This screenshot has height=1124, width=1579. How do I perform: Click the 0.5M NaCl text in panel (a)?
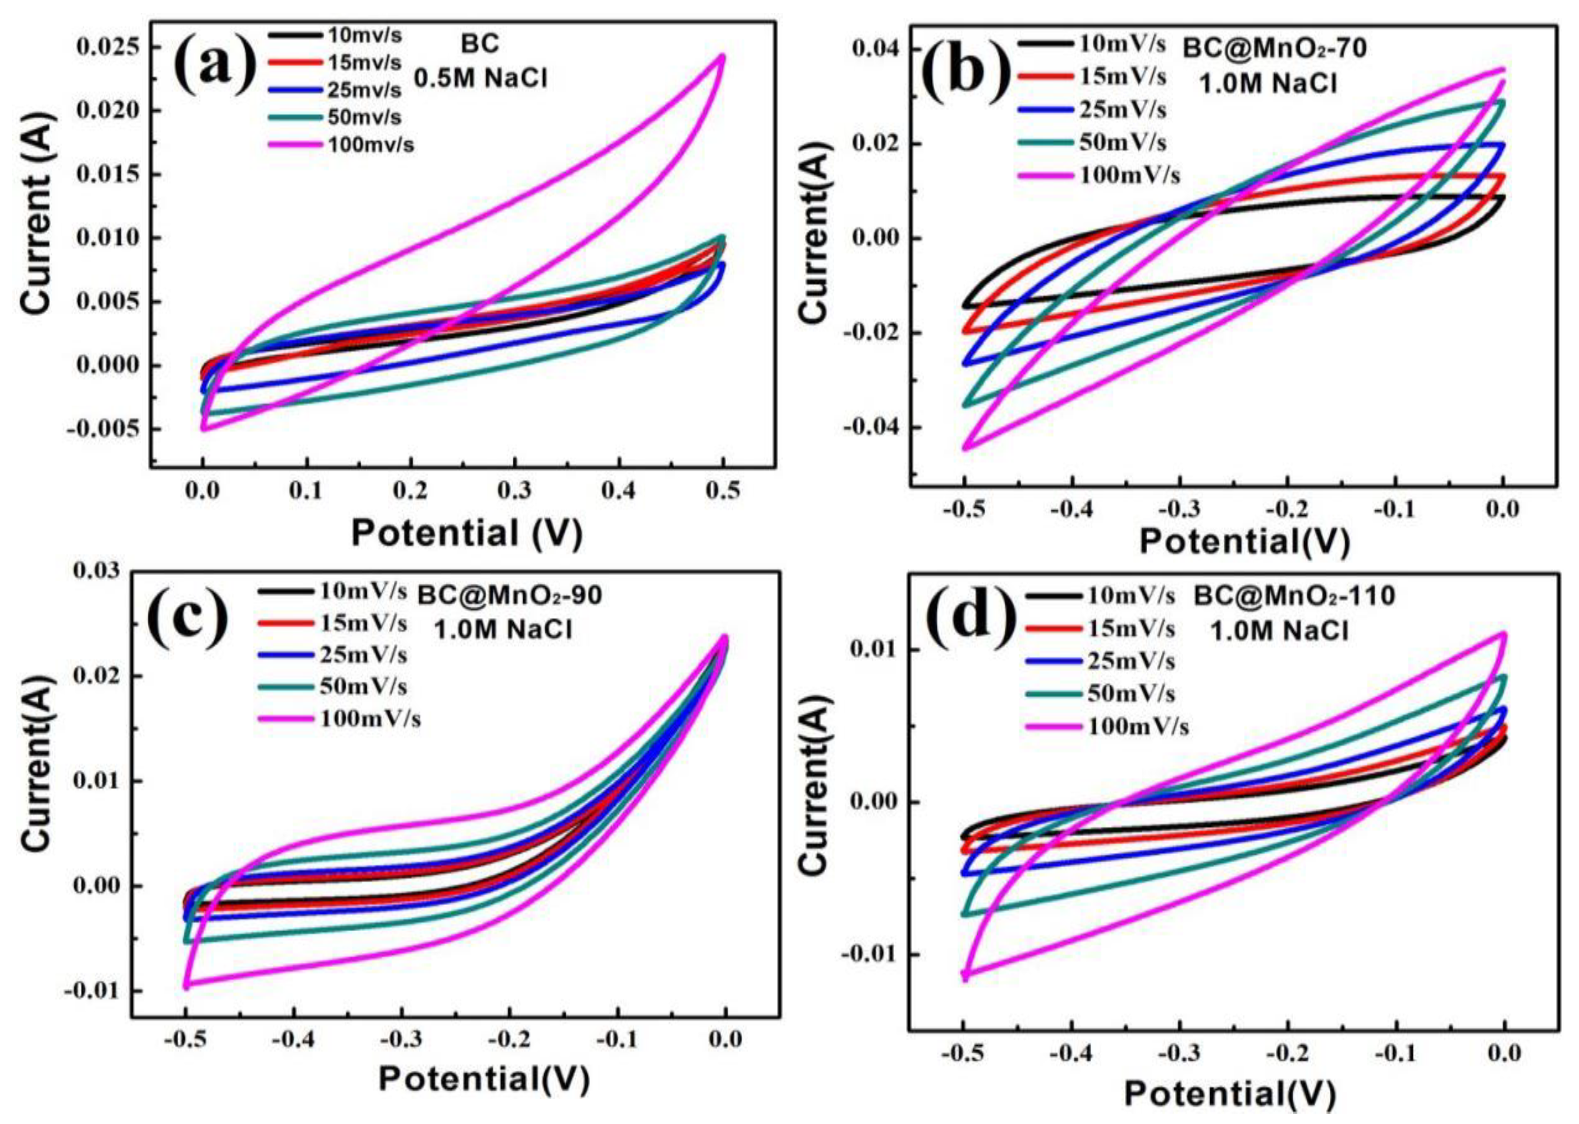click(x=480, y=80)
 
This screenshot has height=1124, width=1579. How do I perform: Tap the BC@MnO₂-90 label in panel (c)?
click(x=509, y=596)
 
